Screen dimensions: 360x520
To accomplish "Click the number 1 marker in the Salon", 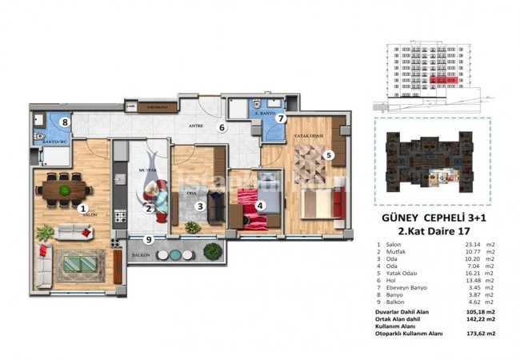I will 82,210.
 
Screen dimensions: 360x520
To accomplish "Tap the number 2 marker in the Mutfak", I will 149,210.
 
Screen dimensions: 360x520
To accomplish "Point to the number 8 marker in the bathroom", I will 66,122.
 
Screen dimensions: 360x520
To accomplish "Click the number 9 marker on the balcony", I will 148,238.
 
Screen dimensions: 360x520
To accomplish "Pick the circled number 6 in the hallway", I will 223,127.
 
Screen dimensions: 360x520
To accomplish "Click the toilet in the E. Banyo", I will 253,106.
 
